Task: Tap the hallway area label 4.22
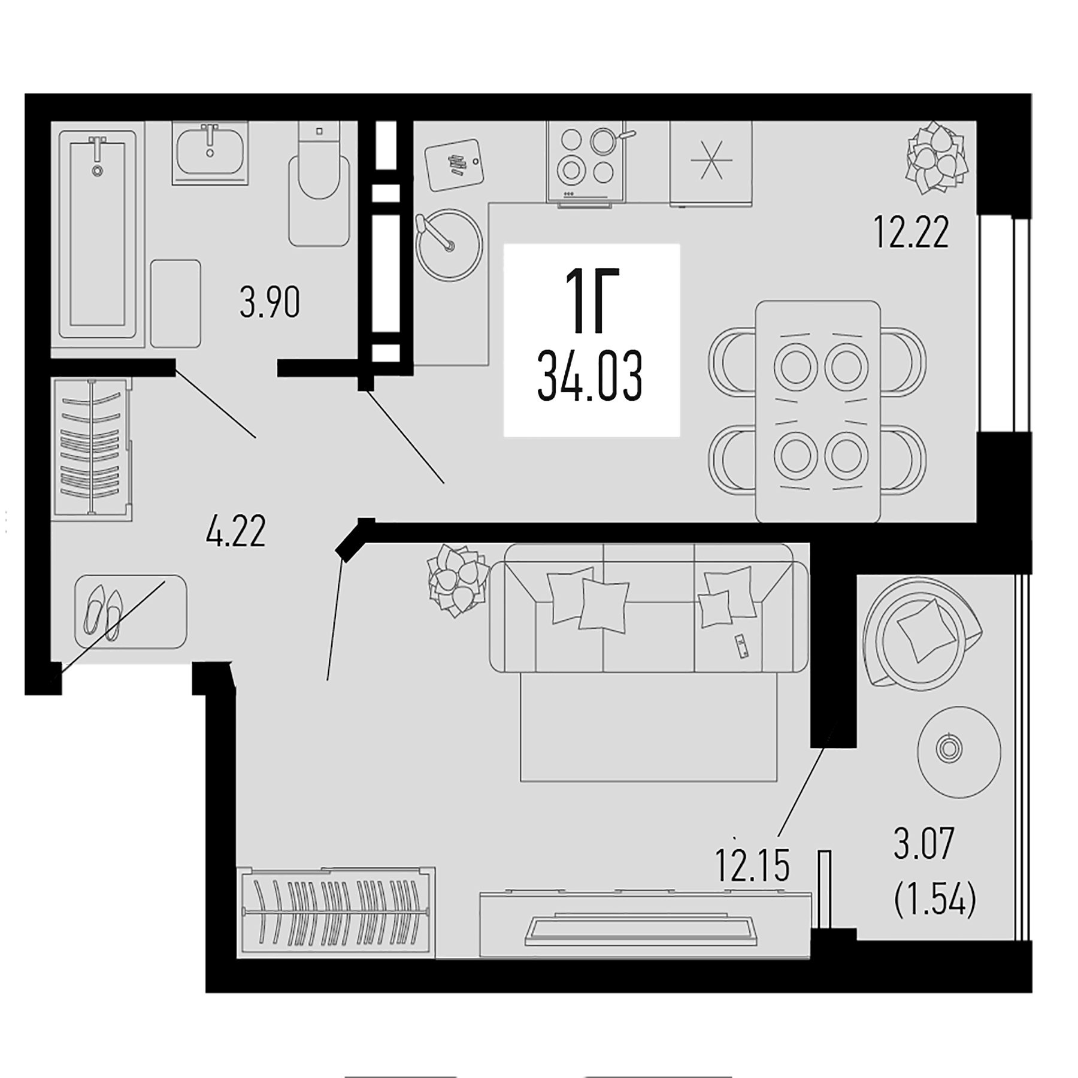click(x=235, y=531)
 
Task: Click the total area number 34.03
click(x=590, y=377)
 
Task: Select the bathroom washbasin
click(x=210, y=153)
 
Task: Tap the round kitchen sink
click(x=449, y=244)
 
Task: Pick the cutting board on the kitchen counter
click(x=453, y=164)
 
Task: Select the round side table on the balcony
click(x=959, y=752)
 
